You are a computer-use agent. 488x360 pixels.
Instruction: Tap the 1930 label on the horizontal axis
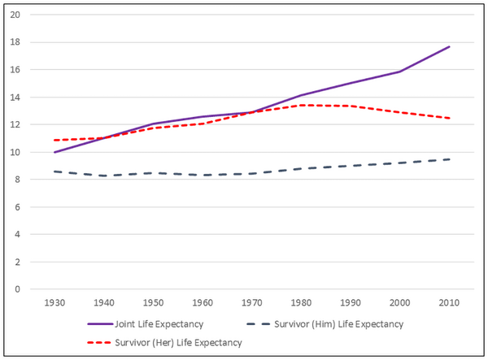coord(54,302)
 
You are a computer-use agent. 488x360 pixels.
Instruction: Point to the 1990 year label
coord(351,302)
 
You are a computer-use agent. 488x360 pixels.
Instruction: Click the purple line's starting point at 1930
coord(54,152)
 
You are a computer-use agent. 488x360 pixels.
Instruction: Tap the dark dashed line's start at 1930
coord(54,171)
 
